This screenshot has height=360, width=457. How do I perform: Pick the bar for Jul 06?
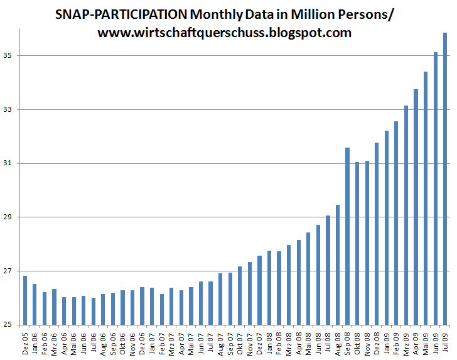click(x=94, y=311)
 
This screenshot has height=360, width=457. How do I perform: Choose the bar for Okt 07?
click(x=240, y=295)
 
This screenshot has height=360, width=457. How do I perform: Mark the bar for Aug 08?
click(x=338, y=265)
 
